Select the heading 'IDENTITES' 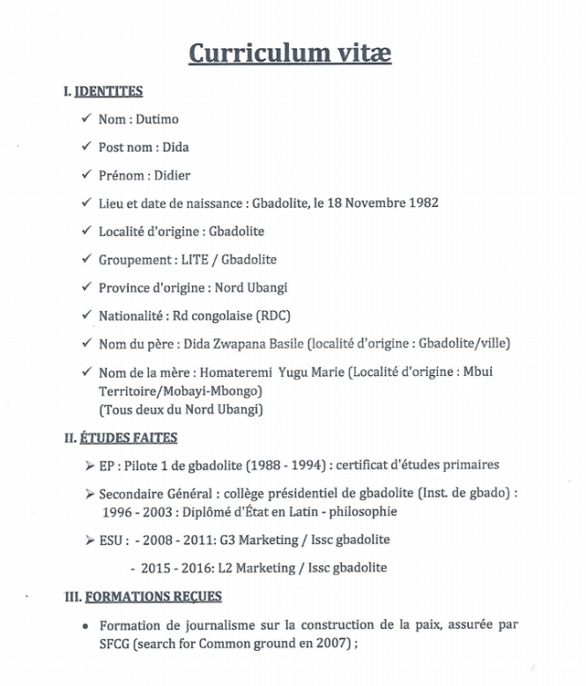(x=108, y=92)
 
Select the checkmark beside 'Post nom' (x=85, y=147)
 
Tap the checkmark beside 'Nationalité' (x=85, y=315)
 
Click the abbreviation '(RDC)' (x=271, y=316)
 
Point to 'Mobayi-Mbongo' (x=220, y=389)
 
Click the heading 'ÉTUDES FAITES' (x=129, y=438)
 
